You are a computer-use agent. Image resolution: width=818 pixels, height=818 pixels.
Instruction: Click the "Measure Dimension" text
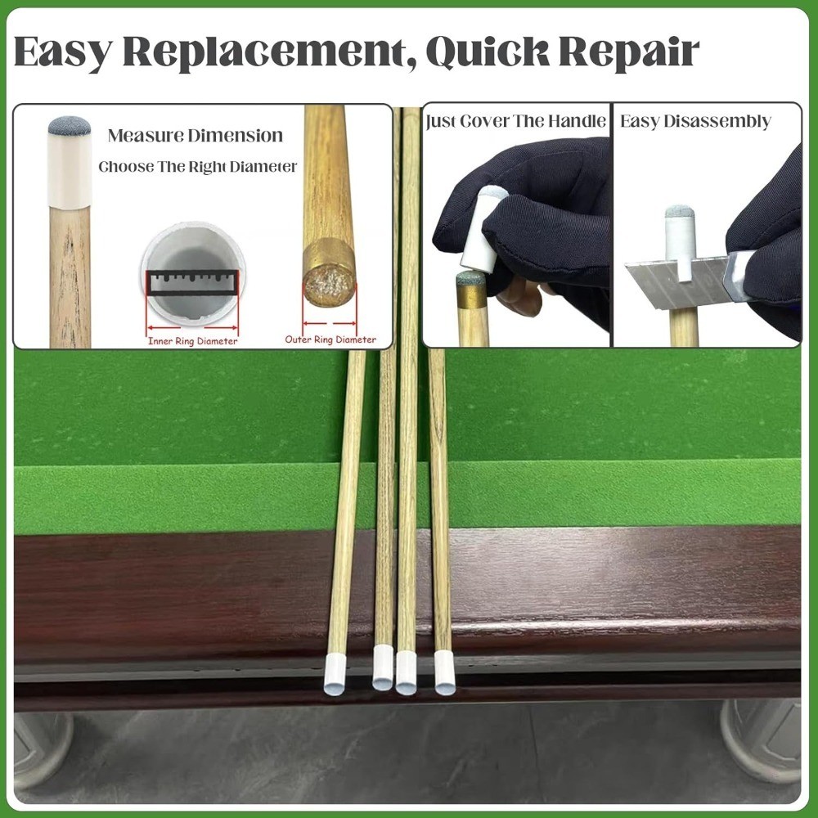(196, 136)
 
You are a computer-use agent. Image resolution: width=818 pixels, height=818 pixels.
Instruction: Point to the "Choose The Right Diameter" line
(198, 167)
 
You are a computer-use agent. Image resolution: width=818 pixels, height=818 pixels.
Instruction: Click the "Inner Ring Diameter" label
(192, 341)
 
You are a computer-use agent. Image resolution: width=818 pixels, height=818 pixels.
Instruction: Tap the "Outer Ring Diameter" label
(330, 339)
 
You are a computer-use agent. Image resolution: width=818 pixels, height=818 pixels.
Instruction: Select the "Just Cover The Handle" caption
(516, 122)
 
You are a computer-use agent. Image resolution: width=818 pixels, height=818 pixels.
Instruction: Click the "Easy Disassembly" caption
(695, 122)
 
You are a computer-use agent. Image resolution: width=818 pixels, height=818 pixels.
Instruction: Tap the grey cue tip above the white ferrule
(69, 126)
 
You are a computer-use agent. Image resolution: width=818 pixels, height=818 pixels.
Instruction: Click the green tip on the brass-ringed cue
(470, 279)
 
